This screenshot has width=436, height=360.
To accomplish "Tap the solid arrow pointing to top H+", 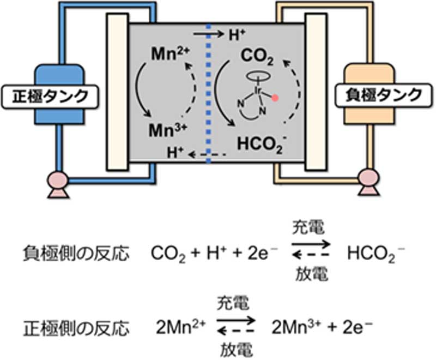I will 207,34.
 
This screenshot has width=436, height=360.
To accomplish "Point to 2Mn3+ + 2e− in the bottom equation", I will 321,328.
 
